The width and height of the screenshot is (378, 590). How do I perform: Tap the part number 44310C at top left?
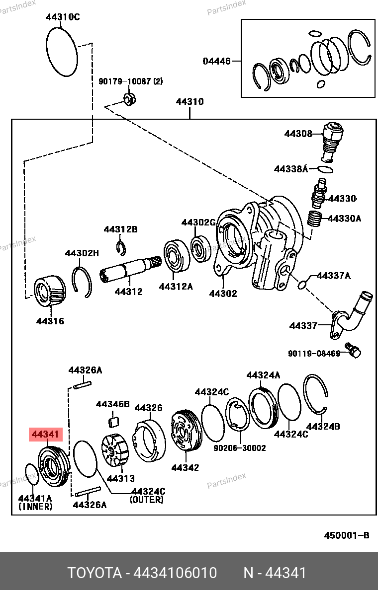[63, 17]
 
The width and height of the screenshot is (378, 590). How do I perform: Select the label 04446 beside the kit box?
[216, 61]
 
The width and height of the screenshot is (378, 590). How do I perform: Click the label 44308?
[298, 134]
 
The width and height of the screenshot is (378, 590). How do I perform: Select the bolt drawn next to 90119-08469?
[353, 350]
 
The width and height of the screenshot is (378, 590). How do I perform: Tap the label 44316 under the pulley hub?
[50, 321]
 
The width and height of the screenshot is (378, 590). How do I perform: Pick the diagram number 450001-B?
[347, 535]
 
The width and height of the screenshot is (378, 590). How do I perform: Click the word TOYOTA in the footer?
[94, 573]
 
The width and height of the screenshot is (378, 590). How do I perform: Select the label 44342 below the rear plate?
[185, 467]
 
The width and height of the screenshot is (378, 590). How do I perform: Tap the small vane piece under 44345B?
[113, 422]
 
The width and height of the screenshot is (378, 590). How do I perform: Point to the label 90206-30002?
[240, 448]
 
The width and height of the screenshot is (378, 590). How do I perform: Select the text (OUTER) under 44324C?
[147, 500]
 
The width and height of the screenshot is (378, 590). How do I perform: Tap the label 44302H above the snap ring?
[82, 253]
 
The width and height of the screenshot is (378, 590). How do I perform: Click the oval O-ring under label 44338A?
[325, 169]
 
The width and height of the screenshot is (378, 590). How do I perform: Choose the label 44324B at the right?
[323, 427]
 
